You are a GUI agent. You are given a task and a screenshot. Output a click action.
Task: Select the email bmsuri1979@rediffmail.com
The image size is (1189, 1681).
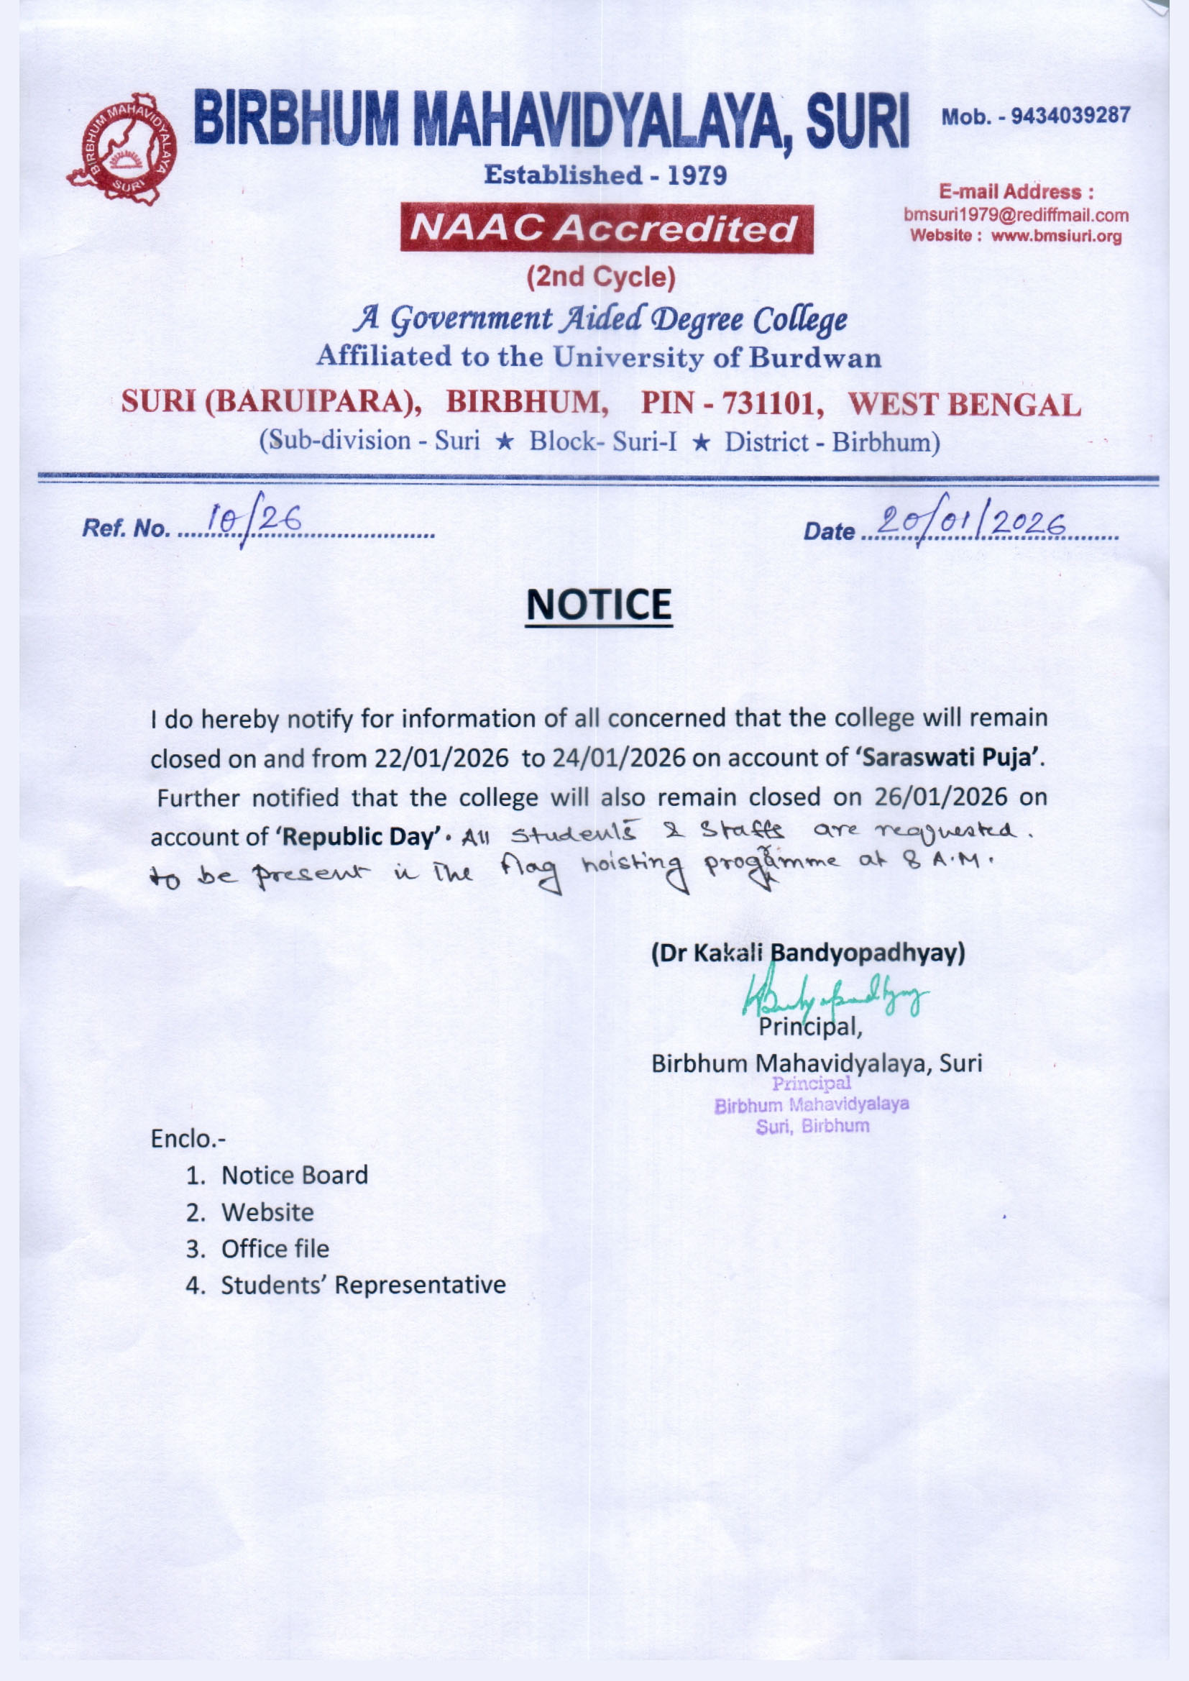(x=1016, y=216)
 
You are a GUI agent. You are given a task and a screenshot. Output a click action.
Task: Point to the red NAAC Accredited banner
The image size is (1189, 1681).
(x=605, y=229)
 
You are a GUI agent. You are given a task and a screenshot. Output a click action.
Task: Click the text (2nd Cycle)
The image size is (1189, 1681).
(x=600, y=277)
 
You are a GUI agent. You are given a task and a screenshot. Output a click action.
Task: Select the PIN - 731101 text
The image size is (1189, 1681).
(x=727, y=403)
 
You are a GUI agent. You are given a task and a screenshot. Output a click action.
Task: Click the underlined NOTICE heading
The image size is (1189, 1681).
(x=598, y=605)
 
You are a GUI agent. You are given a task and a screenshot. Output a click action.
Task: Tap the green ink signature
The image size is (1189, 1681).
(x=835, y=996)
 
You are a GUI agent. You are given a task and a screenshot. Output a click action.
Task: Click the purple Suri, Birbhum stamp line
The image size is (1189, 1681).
(x=813, y=1126)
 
